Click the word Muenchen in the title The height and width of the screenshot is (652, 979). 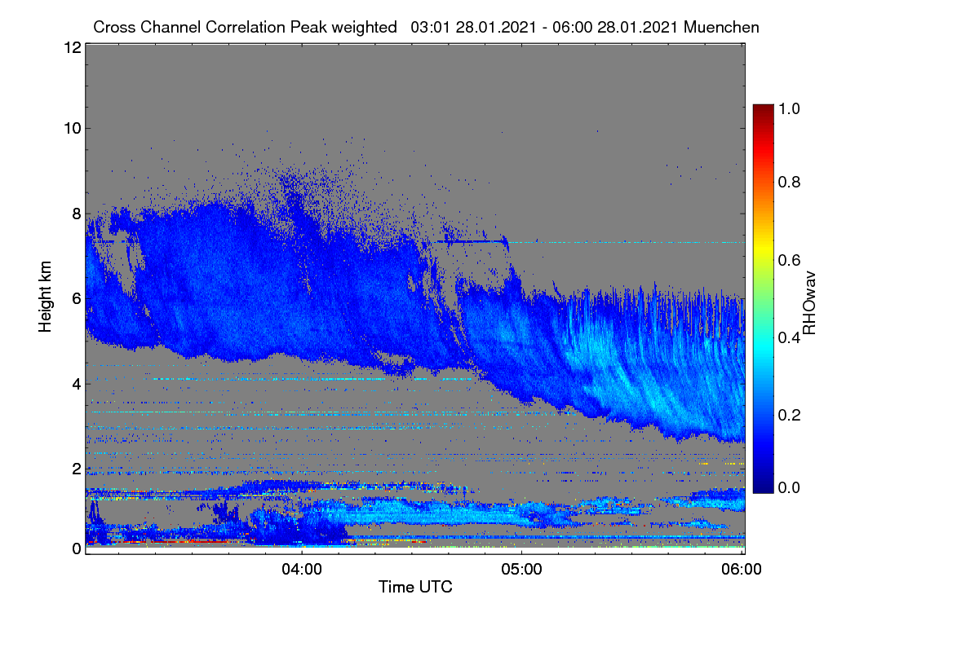[721, 27]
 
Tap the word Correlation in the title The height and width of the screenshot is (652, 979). [246, 27]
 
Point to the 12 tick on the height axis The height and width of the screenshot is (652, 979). [73, 47]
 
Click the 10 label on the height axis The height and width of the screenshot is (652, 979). [73, 129]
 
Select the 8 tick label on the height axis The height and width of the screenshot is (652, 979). [77, 214]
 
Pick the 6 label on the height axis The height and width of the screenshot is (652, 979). [77, 299]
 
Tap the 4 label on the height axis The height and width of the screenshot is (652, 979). [77, 385]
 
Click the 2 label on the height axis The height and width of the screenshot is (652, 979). [77, 469]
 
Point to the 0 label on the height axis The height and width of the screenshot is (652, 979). [77, 548]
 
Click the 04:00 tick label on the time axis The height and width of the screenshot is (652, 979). [302, 569]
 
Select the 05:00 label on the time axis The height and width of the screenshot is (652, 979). [521, 569]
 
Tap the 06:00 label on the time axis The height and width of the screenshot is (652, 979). [742, 569]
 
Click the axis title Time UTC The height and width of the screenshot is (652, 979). [415, 587]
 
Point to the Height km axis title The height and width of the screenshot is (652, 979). [45, 297]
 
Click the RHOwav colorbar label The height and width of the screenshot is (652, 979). [809, 303]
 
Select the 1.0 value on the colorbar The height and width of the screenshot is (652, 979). [790, 108]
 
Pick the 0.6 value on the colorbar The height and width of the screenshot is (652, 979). [790, 260]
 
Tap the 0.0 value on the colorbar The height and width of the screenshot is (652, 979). [790, 487]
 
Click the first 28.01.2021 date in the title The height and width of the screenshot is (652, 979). [496, 27]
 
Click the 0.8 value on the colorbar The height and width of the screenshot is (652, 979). [790, 182]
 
